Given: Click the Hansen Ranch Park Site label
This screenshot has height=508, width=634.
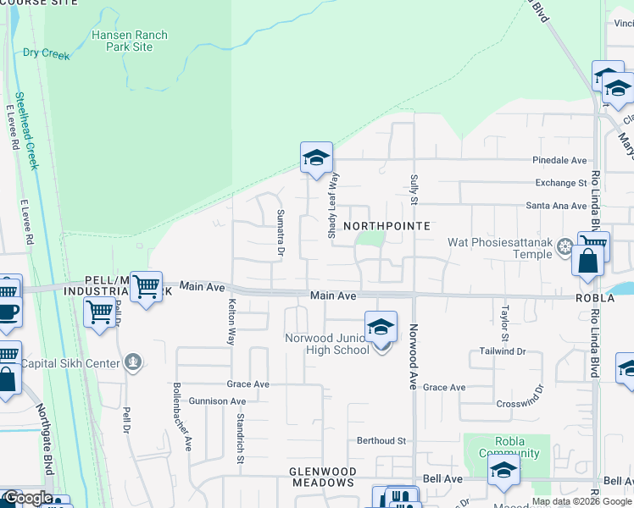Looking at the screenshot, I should click(131, 41).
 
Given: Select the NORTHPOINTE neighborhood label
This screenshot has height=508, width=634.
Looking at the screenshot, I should click(387, 226).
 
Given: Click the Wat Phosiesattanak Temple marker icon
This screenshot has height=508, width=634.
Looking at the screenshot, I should click(565, 247).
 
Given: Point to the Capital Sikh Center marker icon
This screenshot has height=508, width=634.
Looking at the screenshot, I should click(132, 362).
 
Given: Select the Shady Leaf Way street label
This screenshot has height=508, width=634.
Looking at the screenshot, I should click(333, 206).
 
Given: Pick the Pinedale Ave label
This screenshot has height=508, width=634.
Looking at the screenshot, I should click(559, 160).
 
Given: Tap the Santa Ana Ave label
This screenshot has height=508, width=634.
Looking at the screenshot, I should click(556, 206).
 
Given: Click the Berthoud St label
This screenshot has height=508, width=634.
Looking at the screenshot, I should click(381, 441).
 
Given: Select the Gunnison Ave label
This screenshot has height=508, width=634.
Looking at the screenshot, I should click(217, 401).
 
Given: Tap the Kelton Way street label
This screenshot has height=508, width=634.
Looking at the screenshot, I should click(230, 321).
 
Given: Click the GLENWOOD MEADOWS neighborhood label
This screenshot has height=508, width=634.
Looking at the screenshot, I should click(321, 477).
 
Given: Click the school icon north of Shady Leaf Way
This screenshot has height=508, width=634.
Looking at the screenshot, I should click(316, 158).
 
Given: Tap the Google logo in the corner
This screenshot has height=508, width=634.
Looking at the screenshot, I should click(28, 498).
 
